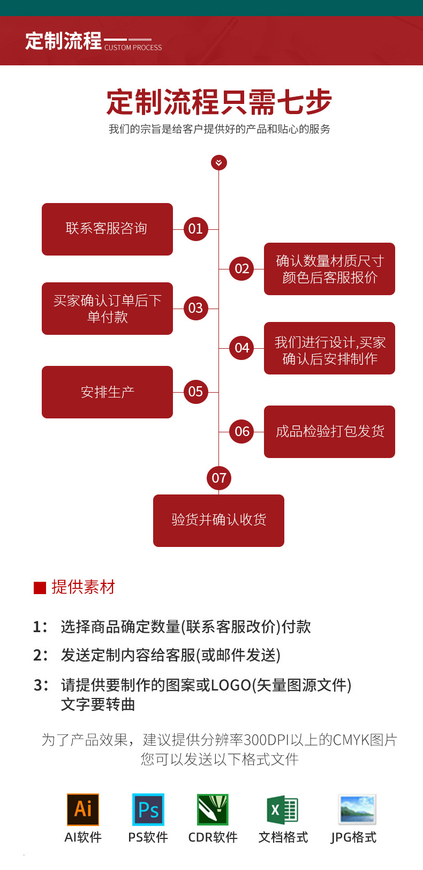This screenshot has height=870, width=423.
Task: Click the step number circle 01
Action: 196,229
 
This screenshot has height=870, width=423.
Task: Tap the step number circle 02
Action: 241,268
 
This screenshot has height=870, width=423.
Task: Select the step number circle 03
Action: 196,308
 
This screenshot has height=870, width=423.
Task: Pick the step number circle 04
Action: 241,348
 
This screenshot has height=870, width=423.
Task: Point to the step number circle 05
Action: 196,392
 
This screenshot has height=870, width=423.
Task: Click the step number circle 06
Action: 241,431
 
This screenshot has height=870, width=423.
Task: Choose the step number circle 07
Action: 219,478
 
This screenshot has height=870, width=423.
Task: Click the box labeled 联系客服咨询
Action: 107,229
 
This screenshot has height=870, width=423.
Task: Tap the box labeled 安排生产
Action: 107,392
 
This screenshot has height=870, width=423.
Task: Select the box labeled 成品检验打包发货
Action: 329,432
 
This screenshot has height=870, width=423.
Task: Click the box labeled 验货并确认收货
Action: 218,520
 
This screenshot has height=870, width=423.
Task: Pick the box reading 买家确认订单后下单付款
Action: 107,309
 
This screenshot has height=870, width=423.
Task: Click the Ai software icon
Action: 83,809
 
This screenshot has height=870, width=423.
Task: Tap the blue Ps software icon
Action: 148,809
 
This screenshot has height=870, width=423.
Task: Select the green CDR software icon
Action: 213,809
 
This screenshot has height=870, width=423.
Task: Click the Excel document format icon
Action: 282,809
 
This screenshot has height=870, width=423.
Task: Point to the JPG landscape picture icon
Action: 357,809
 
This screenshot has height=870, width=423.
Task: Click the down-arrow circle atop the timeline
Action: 218,162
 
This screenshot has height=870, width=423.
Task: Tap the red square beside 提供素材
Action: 40,588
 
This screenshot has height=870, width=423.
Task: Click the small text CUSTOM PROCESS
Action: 133,48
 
